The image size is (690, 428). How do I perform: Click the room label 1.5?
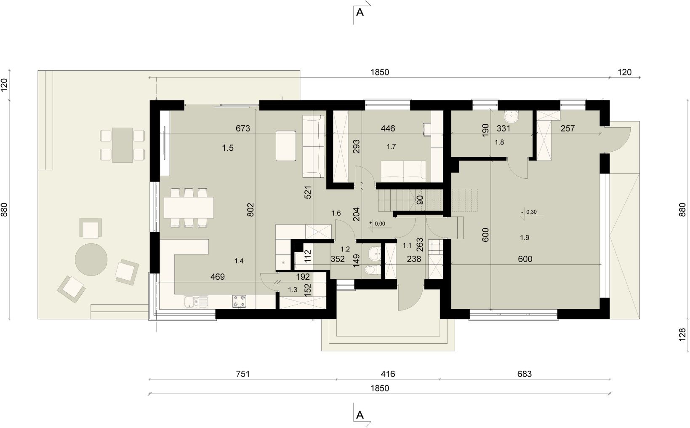click(x=228, y=148)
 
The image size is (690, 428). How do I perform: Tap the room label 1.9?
click(x=525, y=238)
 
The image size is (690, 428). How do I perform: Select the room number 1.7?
click(x=391, y=147)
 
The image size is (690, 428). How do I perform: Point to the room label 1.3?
click(x=292, y=290)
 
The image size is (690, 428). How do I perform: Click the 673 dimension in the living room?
click(x=243, y=128)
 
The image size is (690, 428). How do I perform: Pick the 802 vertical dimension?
click(x=250, y=209)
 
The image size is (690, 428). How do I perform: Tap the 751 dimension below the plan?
click(x=243, y=374)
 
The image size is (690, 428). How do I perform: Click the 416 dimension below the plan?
click(x=387, y=374)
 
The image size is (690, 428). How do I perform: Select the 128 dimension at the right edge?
click(x=682, y=334)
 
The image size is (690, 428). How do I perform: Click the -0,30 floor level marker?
click(x=529, y=212)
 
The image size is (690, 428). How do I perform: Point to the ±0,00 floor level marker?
click(x=377, y=224)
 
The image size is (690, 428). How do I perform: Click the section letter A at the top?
click(x=360, y=12)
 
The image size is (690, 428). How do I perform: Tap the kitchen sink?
click(x=196, y=302)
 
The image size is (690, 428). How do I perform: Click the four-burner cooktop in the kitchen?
click(x=239, y=301)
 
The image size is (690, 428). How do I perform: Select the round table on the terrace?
click(x=91, y=260)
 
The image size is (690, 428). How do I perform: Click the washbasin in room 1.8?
click(x=512, y=117)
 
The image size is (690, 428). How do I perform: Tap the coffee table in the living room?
click(x=286, y=145)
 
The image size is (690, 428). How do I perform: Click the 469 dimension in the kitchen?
click(x=218, y=277)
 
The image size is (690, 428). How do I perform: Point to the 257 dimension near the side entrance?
click(x=567, y=128)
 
